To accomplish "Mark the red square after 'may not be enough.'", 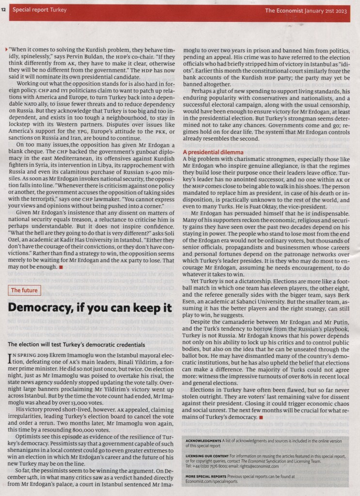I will (x=61, y=267).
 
